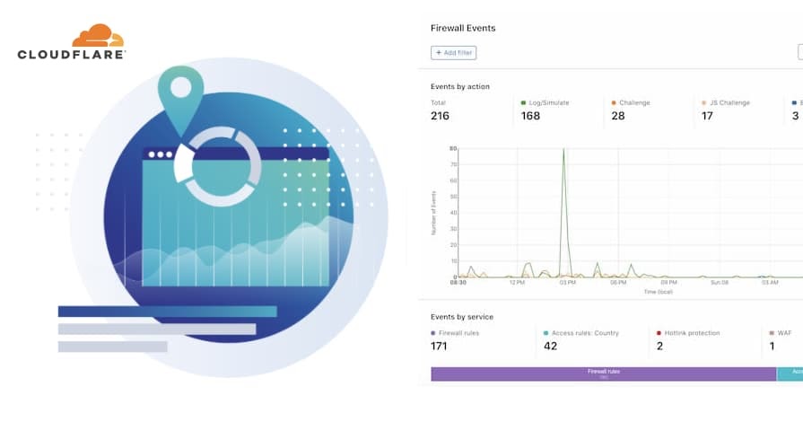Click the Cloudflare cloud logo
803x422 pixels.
click(x=99, y=35)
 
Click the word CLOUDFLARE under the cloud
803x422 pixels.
click(x=72, y=55)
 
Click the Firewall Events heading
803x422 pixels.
click(x=463, y=28)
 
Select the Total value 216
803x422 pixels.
click(x=440, y=116)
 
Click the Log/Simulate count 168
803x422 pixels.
click(x=530, y=116)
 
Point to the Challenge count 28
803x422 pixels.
click(x=618, y=116)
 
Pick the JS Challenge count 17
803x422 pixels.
click(x=707, y=116)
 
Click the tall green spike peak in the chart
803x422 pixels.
click(x=563, y=150)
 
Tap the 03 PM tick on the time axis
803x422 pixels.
click(x=567, y=282)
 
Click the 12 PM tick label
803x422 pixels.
click(x=517, y=282)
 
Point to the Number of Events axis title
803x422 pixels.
click(x=433, y=215)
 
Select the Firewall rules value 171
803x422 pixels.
click(x=440, y=346)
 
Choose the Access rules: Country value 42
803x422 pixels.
click(x=551, y=346)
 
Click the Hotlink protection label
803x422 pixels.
click(x=692, y=333)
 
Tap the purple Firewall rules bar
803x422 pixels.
click(x=603, y=374)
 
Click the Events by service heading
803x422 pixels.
click(x=462, y=317)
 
